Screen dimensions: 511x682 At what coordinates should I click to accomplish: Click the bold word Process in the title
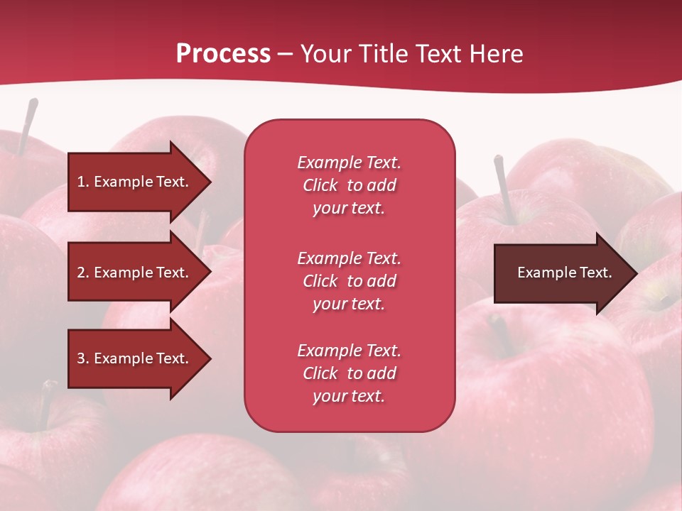coord(223,54)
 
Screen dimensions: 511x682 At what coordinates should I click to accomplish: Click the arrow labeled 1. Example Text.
coord(135,182)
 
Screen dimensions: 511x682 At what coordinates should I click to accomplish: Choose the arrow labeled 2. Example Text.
coord(135,273)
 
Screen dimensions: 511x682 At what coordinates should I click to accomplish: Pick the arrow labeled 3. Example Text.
coord(135,358)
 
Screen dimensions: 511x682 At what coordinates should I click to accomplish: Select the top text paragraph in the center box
coord(349,185)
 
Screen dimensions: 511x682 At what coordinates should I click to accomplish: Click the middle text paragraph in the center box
coord(349,281)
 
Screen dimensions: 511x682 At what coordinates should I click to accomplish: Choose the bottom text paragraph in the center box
coord(349,373)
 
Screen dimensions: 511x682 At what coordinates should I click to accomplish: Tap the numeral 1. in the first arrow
coord(83,182)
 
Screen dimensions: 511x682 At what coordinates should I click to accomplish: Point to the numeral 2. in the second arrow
coord(83,273)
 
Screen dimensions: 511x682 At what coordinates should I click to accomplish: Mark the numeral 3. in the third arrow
coord(83,358)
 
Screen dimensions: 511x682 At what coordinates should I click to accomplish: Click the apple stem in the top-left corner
coord(27,125)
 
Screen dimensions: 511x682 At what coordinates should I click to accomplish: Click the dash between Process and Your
coord(285,54)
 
